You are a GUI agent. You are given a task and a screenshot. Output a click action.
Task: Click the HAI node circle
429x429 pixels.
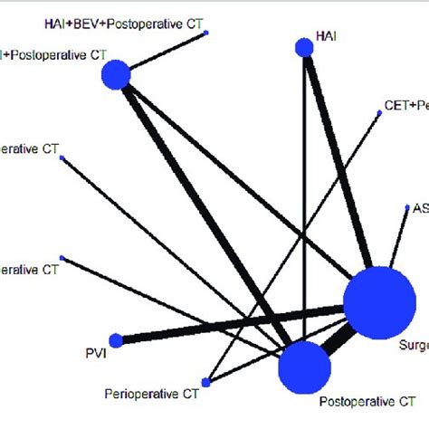[305, 48]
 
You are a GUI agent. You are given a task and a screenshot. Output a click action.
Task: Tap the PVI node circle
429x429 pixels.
[114, 340]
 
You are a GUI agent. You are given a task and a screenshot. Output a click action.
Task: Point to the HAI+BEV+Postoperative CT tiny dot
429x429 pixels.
[208, 33]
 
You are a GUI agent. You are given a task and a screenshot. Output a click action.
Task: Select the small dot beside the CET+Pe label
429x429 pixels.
[378, 112]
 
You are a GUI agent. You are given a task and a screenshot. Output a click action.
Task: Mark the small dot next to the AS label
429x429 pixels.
[406, 207]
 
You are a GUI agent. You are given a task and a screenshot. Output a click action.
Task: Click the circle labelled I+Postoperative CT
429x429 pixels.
[116, 74]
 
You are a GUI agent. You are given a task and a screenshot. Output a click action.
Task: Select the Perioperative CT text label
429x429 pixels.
[151, 395]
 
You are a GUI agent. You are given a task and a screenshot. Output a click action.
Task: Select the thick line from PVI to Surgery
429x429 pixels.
[226, 324]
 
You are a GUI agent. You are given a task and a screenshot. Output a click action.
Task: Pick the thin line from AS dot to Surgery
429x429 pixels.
[398, 240]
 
